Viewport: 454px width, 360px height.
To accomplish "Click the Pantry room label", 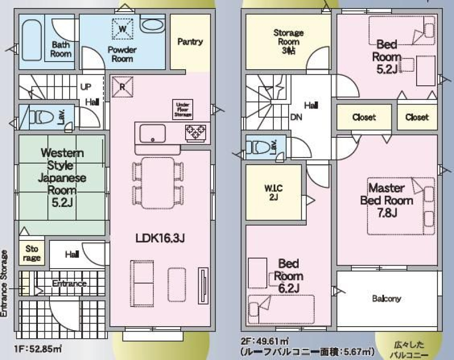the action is (190, 42).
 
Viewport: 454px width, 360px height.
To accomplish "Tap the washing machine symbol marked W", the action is (123, 28).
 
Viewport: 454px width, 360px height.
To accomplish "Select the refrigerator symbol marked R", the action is (122, 87).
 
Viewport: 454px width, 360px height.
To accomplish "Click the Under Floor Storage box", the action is (183, 110).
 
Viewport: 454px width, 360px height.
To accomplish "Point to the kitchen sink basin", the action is (152, 134).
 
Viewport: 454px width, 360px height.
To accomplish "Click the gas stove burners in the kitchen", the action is (196, 133).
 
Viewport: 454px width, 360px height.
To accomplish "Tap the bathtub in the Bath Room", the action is (32, 40).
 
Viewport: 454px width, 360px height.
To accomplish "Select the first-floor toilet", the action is (41, 117).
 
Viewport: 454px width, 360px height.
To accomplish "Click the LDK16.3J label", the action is (160, 238).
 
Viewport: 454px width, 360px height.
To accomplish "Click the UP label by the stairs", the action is (86, 87).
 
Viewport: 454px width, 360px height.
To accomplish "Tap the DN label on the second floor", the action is (296, 117).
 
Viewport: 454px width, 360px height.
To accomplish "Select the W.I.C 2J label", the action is (273, 193).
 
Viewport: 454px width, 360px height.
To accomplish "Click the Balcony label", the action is (386, 298).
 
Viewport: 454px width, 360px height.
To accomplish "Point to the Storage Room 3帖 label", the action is (289, 41).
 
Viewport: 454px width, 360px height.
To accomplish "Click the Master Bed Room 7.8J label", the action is (386, 200).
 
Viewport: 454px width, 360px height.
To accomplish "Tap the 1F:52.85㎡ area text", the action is (38, 349).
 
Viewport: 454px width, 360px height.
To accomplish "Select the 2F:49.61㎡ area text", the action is (265, 341).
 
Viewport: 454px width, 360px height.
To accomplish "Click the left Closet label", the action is (364, 117).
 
